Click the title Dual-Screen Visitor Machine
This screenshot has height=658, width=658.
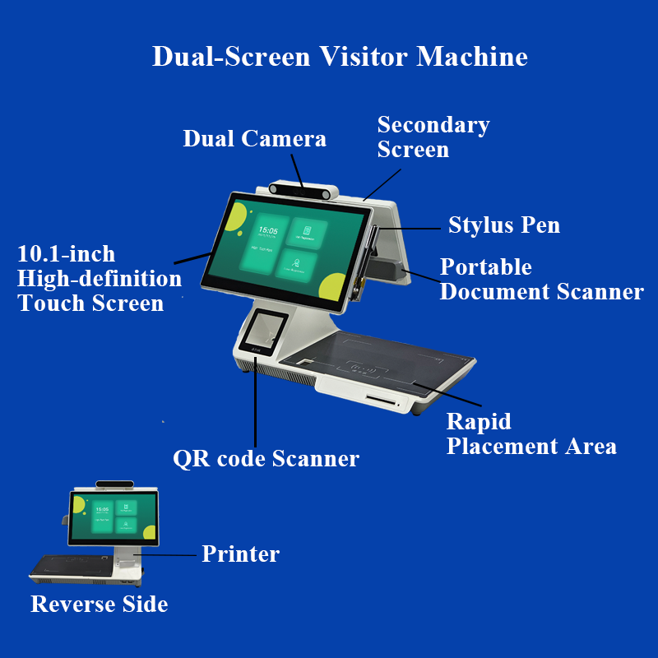340,57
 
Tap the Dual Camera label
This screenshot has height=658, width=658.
254,138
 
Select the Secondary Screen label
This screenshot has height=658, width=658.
433,137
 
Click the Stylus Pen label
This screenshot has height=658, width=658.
503,225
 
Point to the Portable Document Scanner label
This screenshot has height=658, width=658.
541,279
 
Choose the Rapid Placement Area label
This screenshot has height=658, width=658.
531,433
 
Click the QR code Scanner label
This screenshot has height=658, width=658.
266,458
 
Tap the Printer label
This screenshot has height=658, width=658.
240,554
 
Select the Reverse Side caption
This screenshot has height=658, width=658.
100,605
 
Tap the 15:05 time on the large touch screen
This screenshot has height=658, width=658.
267,231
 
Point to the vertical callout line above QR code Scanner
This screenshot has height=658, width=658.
256,403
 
